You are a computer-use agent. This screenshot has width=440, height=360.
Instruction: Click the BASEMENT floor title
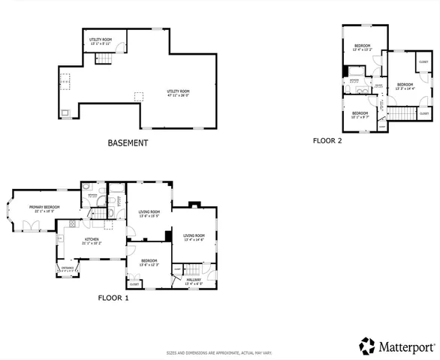click(128, 142)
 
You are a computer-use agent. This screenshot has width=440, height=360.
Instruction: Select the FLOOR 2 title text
click(327, 140)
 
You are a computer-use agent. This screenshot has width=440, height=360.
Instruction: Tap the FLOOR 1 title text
click(113, 298)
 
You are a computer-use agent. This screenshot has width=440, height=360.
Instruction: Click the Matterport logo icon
click(367, 346)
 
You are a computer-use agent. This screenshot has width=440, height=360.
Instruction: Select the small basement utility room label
click(100, 40)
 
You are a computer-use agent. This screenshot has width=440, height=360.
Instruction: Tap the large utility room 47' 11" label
click(178, 93)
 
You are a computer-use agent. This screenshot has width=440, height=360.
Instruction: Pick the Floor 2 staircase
click(405, 113)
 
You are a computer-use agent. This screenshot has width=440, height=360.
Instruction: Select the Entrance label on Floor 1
click(68, 268)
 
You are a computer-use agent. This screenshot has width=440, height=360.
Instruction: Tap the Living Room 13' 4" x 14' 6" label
click(194, 237)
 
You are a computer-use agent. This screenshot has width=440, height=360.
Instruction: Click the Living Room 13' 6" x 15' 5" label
click(149, 214)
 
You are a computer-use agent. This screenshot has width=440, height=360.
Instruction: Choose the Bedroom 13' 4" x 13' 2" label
click(363, 47)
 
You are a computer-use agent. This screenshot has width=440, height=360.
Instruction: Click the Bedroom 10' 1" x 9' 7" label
click(360, 115)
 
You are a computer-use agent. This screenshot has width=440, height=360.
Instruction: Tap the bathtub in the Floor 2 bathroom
click(350, 72)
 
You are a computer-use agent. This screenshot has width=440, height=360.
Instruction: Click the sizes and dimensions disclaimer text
click(219, 352)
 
